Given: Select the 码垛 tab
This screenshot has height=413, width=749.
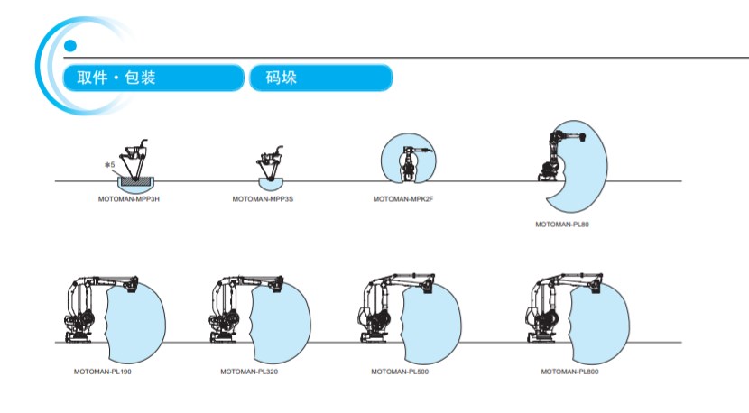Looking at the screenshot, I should pos(319,78).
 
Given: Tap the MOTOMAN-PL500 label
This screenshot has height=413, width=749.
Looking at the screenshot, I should pos(399,372).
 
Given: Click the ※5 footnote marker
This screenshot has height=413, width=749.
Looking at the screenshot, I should pos(109,165).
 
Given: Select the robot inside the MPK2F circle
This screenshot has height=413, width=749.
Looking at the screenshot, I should pos(411,159).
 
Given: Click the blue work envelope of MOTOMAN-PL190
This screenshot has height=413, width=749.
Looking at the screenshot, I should pos(135,316).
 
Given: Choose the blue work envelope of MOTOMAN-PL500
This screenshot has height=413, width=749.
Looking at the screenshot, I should pos(433,316).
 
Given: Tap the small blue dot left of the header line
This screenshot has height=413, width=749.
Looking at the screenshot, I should pos(70,46).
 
